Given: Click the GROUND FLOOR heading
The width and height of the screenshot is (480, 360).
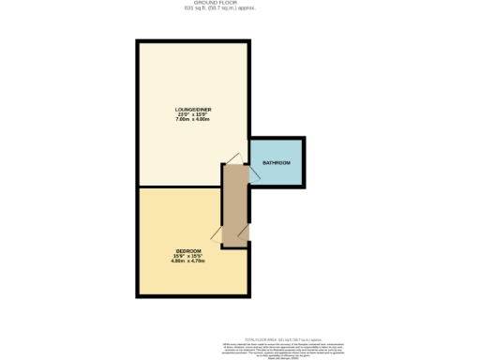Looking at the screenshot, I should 240,4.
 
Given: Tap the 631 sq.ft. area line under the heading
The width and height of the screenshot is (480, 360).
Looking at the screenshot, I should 240,9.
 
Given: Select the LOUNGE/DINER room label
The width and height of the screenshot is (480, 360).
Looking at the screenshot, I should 193,110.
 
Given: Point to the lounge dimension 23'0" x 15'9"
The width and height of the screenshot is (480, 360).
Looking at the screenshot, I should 193,115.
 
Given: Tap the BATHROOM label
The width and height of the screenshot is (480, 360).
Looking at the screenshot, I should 277,164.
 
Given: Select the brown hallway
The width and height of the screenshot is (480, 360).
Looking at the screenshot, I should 234,206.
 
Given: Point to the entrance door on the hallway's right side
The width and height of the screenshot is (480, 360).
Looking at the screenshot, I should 246,230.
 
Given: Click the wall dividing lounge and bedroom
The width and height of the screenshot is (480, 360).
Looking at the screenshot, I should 178,187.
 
